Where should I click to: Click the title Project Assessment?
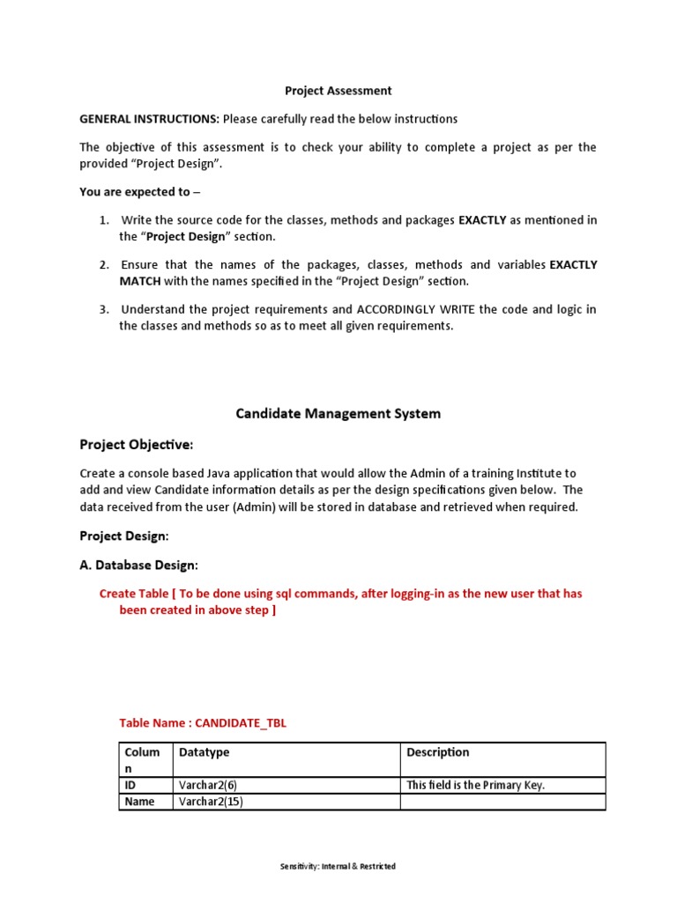tap(338, 91)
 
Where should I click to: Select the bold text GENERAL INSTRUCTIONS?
tap(149, 119)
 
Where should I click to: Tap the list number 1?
tap(103, 220)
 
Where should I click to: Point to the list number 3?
tap(103, 310)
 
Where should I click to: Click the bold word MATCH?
tap(141, 282)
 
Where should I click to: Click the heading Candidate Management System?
tap(338, 413)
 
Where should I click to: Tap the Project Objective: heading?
tap(136, 444)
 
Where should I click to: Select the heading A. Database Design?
tap(139, 565)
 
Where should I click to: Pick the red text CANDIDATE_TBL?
tap(241, 723)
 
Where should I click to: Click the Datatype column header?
tap(204, 752)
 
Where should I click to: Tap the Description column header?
tap(437, 752)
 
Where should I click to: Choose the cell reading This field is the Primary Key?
tap(475, 785)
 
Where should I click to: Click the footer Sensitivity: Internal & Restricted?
tap(338, 867)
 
